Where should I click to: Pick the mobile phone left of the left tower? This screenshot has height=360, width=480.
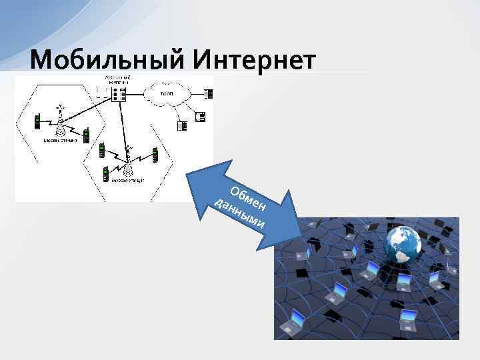point(38,121)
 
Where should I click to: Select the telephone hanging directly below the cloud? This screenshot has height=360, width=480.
point(181,124)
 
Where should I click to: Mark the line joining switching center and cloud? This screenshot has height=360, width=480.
point(140,94)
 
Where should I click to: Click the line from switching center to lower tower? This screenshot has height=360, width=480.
point(124,127)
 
